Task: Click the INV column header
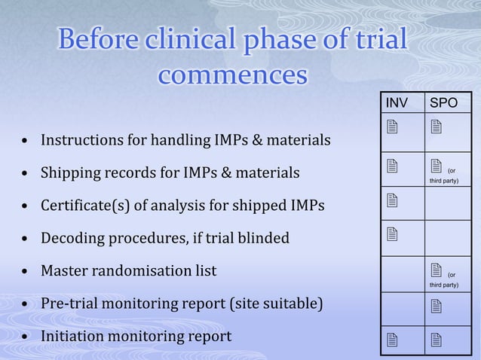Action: coord(397,102)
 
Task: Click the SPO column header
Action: coord(443,102)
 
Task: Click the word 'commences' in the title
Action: coord(233,75)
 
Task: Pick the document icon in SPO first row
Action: coord(435,129)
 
